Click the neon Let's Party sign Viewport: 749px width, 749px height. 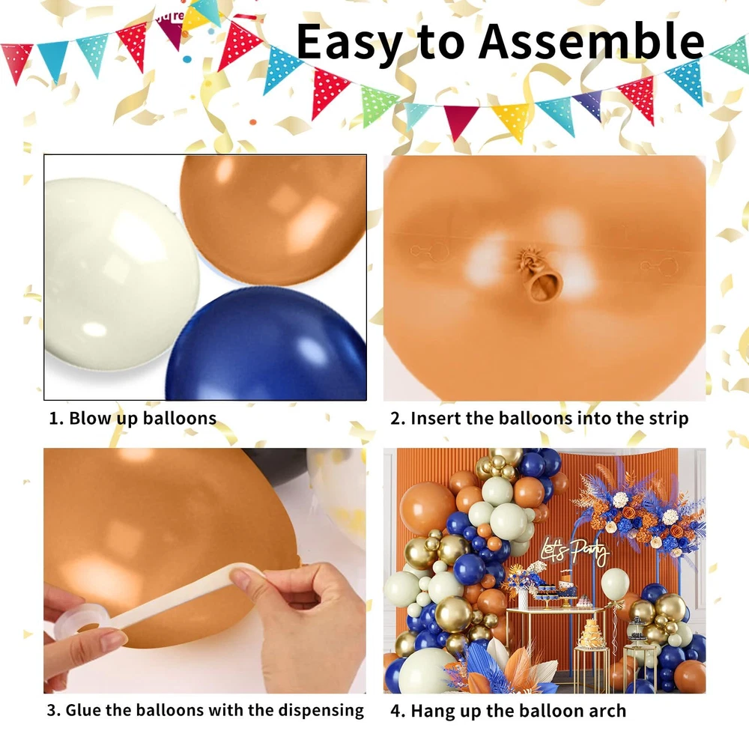coord(575,552)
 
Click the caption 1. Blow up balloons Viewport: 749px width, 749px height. coord(133,419)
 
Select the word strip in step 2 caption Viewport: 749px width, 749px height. coord(668,419)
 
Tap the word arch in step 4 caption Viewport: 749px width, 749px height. coord(607,711)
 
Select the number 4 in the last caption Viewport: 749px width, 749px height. coord(395,711)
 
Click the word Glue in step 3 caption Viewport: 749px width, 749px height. coord(83,710)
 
